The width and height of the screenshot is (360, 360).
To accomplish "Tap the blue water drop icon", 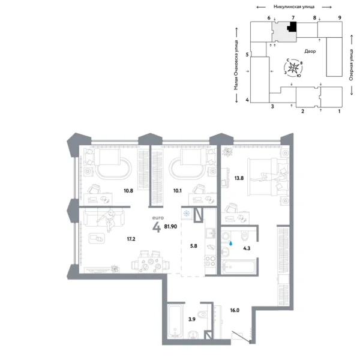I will (x=232, y=244).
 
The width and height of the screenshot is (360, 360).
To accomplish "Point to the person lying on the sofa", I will (x=110, y=221).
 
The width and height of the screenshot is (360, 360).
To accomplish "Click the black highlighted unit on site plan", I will (x=293, y=27).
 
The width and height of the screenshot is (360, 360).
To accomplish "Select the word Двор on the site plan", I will (x=310, y=52).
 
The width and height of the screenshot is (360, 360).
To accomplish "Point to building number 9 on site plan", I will (x=340, y=19).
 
